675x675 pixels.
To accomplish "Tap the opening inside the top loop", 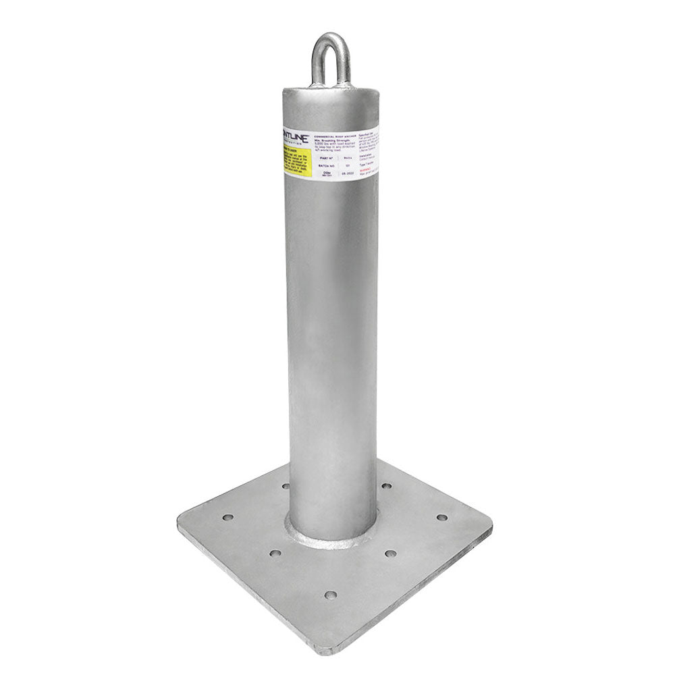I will coord(331,64).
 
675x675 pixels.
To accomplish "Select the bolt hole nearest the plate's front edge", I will coord(330,595).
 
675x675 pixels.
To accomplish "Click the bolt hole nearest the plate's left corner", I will coord(227,518).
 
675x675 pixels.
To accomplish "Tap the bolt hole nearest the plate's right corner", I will coord(441,518).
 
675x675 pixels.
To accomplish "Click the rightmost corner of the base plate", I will coord(491,526).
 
